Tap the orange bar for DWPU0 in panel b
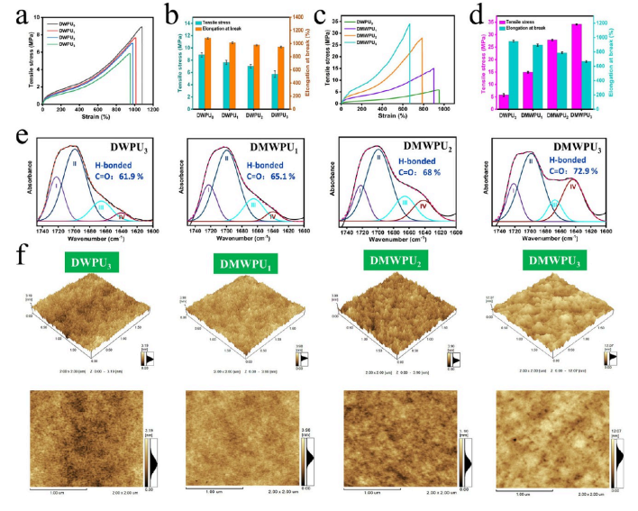208,72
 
